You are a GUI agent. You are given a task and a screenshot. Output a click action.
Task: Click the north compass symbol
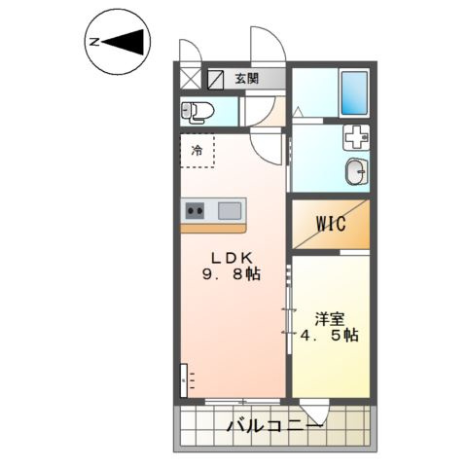coord(116,42)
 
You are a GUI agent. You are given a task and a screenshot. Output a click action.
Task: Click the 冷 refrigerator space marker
coord(198,150)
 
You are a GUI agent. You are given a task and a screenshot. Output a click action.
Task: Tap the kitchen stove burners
coord(195,208)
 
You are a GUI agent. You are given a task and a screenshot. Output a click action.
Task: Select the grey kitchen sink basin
coord(230,208)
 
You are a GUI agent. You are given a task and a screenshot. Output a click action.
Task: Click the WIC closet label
coord(331,224)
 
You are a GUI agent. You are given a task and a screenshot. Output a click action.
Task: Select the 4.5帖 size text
coord(331,336)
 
